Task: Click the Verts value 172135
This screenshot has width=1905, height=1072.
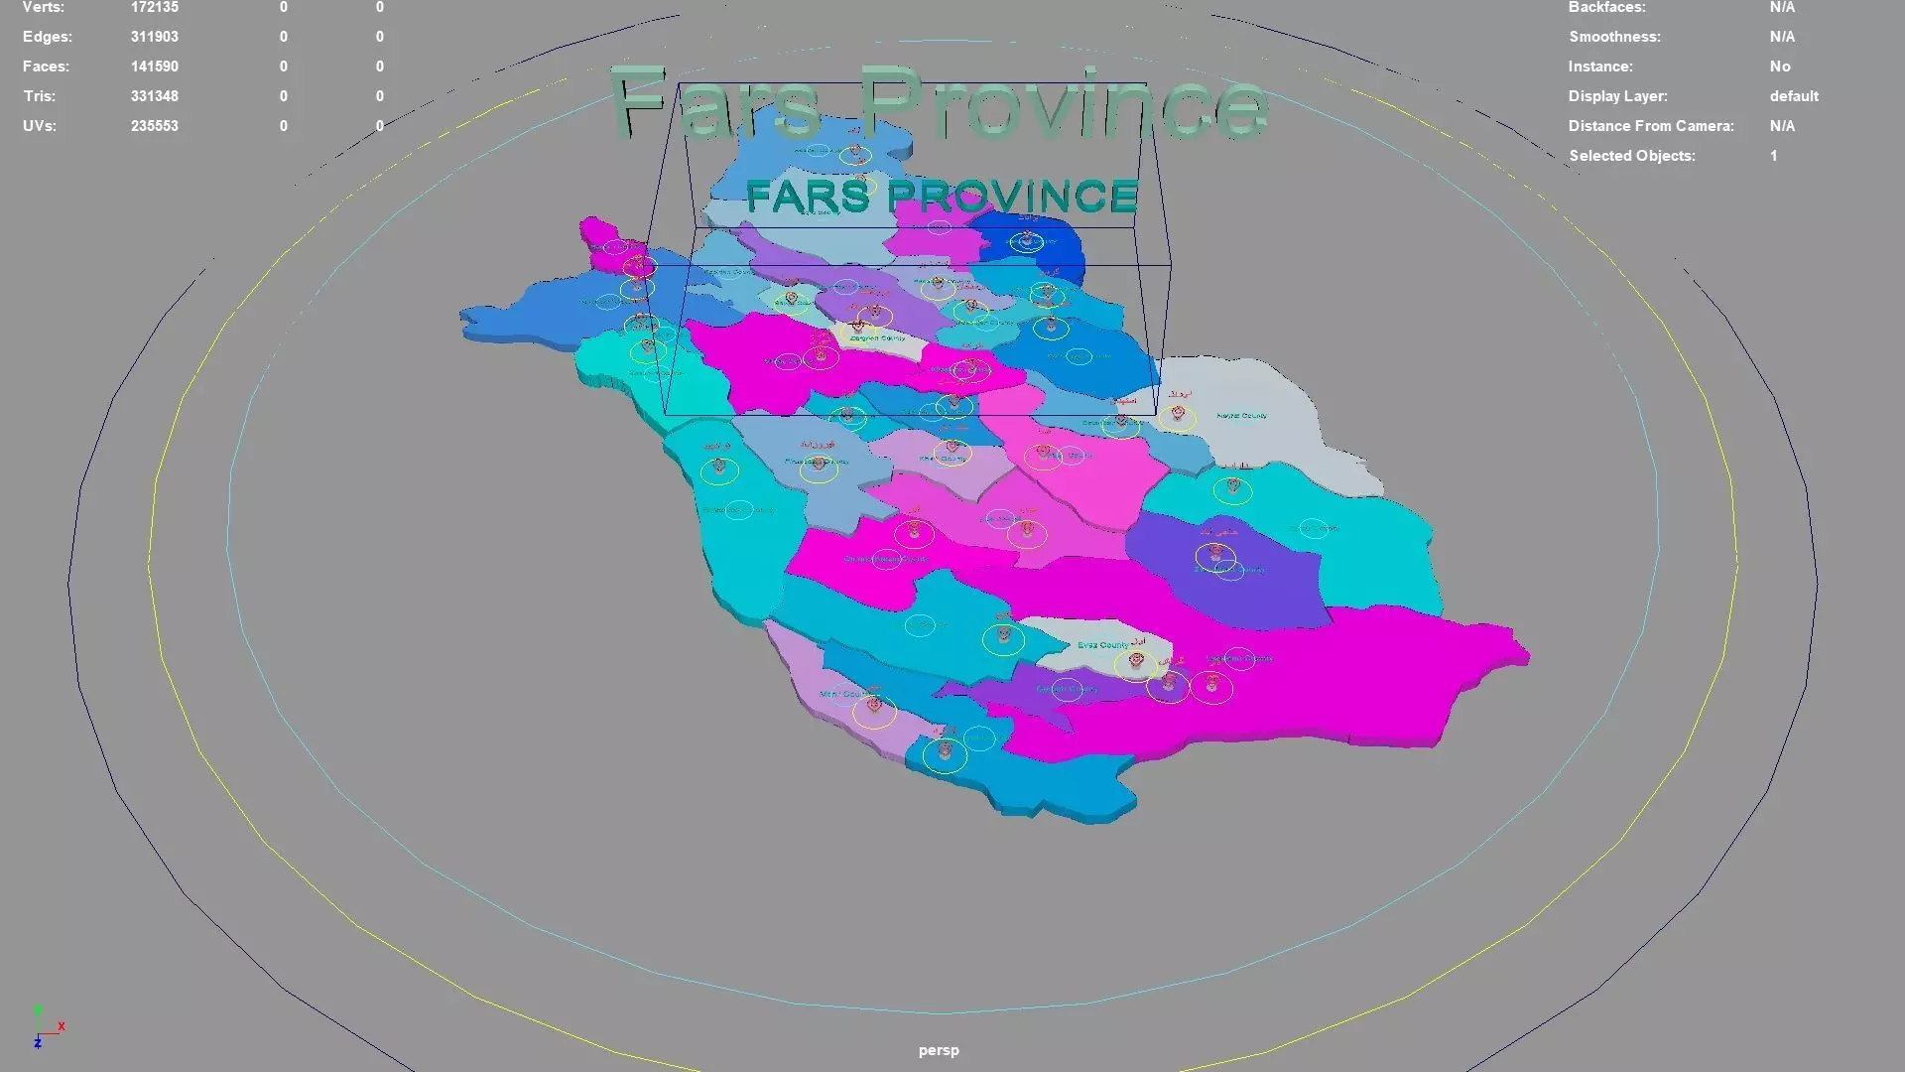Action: (x=154, y=8)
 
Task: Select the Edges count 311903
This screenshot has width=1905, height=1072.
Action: (x=154, y=37)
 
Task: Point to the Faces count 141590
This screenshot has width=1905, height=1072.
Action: (x=154, y=67)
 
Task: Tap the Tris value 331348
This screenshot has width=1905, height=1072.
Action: (x=154, y=96)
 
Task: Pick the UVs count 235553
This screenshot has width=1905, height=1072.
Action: (x=154, y=126)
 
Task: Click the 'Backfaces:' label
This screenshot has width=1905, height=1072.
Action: (x=1606, y=8)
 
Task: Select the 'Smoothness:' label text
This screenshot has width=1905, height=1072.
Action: (x=1614, y=37)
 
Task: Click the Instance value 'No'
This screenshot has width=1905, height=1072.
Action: (x=1780, y=67)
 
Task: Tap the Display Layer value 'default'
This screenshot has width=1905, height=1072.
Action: (x=1794, y=96)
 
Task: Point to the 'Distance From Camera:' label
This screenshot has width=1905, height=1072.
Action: (x=1651, y=126)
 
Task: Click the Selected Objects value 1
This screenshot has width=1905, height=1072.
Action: (x=1773, y=156)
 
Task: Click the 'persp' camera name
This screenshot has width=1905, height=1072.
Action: (x=939, y=1050)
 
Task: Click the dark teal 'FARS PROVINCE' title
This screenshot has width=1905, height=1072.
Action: (x=942, y=197)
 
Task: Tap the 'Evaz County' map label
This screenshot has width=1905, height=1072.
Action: (x=1102, y=645)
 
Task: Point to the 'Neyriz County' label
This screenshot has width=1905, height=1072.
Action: (x=1241, y=416)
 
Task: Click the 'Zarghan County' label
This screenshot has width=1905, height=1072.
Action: (x=877, y=338)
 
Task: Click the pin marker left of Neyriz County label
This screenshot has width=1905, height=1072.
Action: (x=1178, y=413)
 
